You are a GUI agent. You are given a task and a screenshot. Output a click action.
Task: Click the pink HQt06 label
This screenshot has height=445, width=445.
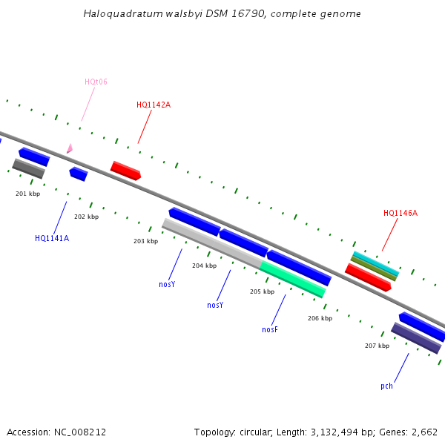[x=96, y=82]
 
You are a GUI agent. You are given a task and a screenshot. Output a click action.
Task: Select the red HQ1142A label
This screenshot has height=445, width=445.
[x=154, y=105]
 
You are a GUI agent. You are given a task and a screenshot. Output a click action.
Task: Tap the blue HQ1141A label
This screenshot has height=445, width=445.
[x=52, y=238]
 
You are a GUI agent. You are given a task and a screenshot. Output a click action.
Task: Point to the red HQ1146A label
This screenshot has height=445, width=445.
[x=400, y=213]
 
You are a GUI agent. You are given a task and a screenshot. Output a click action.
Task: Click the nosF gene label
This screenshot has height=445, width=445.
[x=270, y=329]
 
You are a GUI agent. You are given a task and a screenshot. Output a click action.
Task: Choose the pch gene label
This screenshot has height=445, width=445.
[x=386, y=386]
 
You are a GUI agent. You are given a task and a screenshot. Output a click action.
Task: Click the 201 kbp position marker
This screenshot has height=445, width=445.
[x=28, y=194]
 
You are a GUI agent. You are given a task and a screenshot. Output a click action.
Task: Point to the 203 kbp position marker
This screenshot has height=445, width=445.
[x=145, y=241]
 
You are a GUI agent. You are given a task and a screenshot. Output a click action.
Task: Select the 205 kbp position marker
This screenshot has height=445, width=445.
[x=262, y=291]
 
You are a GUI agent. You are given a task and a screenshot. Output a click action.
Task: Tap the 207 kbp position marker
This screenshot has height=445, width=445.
[x=377, y=346]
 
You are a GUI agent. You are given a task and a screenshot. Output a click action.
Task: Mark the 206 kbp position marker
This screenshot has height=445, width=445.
[x=320, y=317]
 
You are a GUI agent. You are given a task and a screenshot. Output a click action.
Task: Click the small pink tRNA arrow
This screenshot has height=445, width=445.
[x=69, y=149]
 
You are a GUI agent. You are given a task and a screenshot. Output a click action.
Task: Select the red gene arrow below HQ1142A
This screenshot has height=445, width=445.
[x=125, y=171]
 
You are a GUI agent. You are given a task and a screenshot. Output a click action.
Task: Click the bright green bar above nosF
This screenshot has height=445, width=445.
[x=293, y=279]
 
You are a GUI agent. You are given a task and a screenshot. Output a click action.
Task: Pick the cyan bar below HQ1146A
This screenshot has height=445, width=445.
[x=375, y=263]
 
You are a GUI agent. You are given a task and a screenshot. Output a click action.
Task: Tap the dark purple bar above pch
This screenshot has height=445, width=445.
[x=415, y=338]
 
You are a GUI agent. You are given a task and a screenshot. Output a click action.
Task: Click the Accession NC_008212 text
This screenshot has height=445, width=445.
[x=56, y=432]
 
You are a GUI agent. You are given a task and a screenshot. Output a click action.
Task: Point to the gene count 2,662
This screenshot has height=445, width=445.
[x=425, y=432]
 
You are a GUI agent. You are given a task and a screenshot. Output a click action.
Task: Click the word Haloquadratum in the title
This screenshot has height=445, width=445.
[x=119, y=14]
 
